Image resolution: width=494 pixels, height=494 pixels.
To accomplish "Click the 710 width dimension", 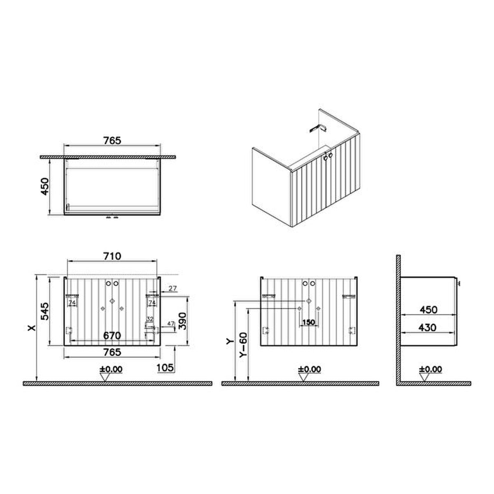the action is pos(112,256).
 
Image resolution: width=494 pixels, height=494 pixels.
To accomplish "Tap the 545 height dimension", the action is pos(45,311).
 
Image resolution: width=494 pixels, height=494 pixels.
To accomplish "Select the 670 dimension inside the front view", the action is pos(112,336).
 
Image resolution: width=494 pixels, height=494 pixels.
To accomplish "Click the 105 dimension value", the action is pos(165,368).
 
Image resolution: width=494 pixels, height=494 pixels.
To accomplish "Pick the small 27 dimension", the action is pos(172,289).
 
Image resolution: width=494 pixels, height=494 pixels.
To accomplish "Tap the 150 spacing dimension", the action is pos(308,322).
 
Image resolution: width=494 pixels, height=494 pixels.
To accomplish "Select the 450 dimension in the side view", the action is pos(429,310).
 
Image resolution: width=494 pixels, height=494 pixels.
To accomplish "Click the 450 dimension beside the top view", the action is pos(45,186).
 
